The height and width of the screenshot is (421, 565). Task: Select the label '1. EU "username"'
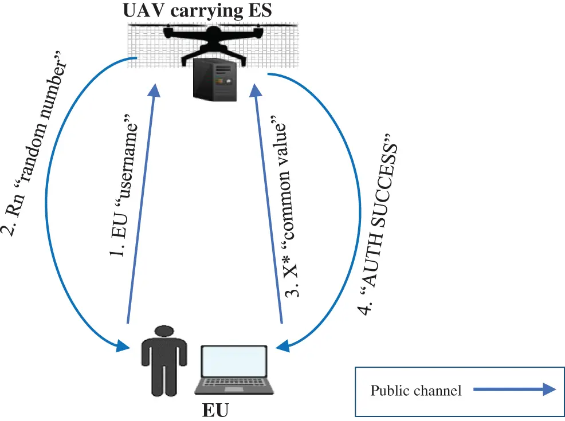(x=125, y=189)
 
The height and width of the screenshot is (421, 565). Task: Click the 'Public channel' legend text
(x=415, y=391)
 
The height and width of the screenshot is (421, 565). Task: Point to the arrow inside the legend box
(x=515, y=390)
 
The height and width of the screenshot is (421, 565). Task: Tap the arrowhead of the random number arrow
(x=122, y=346)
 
